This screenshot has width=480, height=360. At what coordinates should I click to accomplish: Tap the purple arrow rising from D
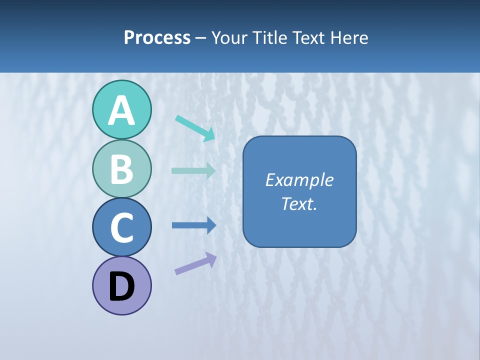click(x=195, y=263)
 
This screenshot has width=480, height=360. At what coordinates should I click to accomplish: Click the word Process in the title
click(x=157, y=37)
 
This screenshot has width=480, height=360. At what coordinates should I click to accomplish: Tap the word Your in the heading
click(x=229, y=37)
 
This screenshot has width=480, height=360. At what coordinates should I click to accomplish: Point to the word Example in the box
click(x=299, y=180)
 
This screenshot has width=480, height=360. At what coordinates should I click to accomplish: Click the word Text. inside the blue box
click(x=299, y=203)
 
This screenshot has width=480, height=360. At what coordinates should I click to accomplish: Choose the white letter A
click(x=121, y=111)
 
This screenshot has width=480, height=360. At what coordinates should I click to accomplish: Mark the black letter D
click(x=121, y=287)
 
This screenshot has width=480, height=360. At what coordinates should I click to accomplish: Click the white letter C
click(x=121, y=228)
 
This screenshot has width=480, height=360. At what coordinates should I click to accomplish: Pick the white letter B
click(x=121, y=169)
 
